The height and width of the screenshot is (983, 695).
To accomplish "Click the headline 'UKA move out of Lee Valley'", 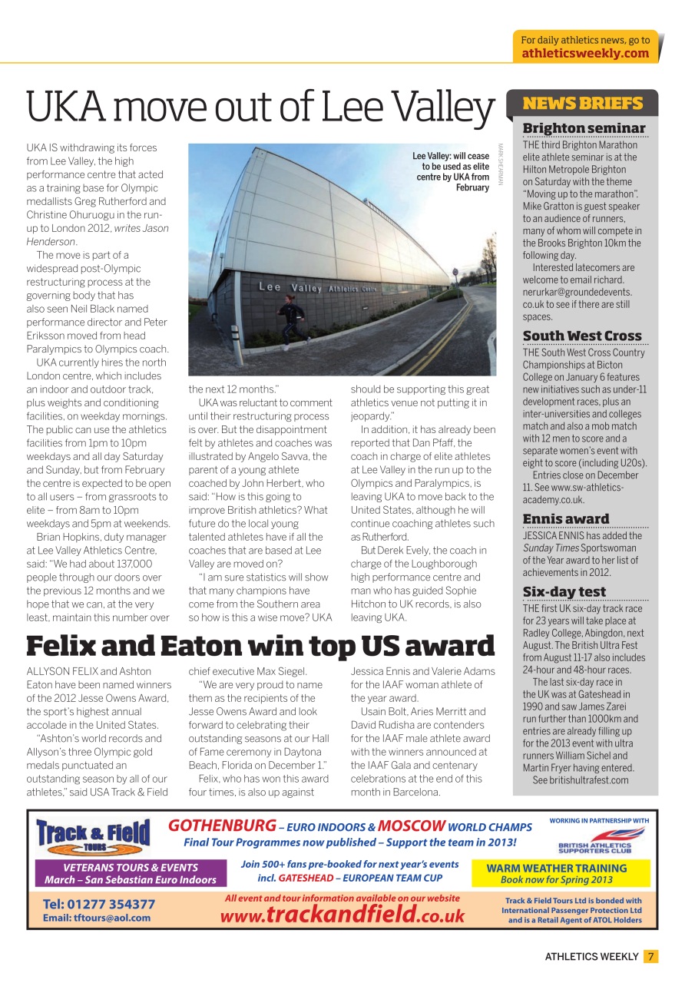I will [260, 108].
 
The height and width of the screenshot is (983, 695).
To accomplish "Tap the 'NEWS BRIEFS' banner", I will [582, 104].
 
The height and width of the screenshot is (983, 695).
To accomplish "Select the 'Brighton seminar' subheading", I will [584, 128].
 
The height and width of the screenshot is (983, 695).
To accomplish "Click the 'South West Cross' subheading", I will [581, 336].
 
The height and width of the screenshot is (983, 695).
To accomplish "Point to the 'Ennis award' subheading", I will [565, 519].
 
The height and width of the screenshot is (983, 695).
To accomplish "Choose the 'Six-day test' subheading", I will [564, 591].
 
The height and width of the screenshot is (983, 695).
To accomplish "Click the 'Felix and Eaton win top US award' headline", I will [260, 646].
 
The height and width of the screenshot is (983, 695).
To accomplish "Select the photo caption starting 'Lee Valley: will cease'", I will [451, 172].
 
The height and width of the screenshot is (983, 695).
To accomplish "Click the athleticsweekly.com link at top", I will [585, 53].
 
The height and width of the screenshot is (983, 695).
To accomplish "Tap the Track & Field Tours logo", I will [94, 835].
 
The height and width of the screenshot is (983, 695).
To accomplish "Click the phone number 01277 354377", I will [99, 904].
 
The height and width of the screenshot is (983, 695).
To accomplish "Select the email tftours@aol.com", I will [96, 918].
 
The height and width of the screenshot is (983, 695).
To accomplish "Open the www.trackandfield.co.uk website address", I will [343, 915].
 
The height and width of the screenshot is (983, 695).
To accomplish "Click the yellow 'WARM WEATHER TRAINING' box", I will [556, 873].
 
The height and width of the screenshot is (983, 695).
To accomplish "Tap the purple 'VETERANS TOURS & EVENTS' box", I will [131, 873].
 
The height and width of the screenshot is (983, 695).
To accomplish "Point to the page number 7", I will [650, 956].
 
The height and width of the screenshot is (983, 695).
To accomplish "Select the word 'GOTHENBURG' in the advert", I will [221, 826].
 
